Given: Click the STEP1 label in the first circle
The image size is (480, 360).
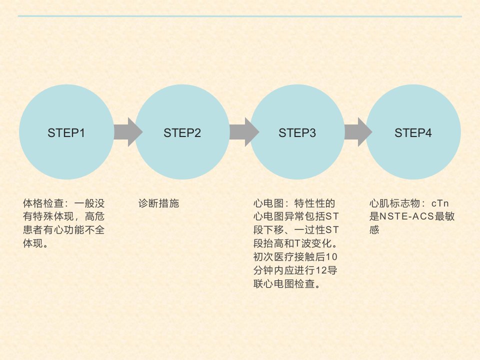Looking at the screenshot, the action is coord(66,133).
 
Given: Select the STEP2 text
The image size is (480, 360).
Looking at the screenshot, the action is coord(182,133).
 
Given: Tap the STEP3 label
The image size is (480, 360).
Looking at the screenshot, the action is coord(297,133).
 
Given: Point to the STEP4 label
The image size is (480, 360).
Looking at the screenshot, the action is coord(413,133).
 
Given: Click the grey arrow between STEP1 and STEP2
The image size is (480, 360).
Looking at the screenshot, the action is coord(128,132).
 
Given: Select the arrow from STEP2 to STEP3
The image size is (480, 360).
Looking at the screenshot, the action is coord(244,132).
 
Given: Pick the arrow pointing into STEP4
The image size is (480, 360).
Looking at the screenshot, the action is coord(358,132).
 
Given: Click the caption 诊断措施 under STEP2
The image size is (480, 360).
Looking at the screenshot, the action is coord(158,203).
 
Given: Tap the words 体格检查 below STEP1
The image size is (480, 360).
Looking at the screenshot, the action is coord(43,203).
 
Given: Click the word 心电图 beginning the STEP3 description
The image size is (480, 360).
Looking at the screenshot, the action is coord(268,203).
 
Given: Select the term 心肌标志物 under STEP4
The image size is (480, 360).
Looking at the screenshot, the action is coord(394,203).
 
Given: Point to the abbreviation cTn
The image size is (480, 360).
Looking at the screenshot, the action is coord(440,203).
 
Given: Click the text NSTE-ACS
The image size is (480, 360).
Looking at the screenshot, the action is coord(407,216).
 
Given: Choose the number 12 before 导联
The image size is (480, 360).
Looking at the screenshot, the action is coord(321,270).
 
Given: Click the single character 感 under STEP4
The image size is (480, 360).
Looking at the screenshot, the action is coord(374,230).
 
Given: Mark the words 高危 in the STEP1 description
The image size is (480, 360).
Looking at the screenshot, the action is coord(94,216).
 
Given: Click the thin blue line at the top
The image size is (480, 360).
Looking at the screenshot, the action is coord(239,16).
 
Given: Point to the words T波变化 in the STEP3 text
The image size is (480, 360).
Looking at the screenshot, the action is coord(313,243).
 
